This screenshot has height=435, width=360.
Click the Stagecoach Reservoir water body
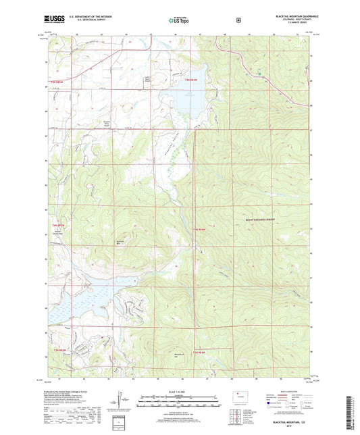coord(84,297)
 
